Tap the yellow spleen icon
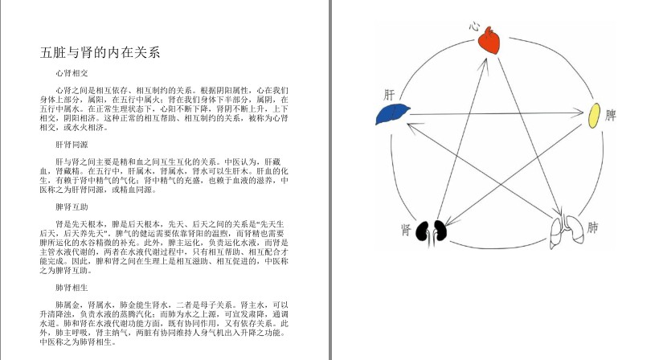595,115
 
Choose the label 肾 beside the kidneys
407,231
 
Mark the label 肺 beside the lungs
592,227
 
